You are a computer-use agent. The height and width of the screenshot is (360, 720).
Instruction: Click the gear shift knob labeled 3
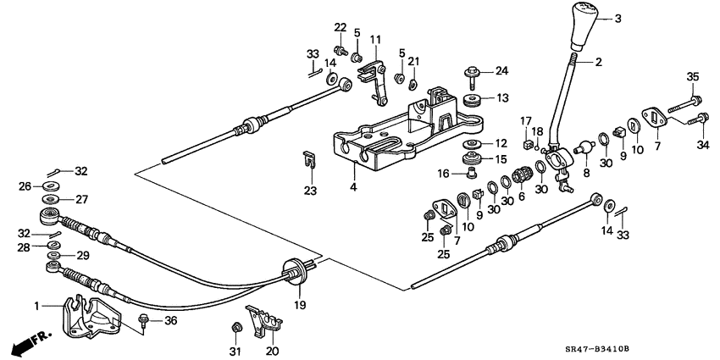[584, 27]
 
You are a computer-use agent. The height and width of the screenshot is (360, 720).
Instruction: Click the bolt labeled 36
[145, 320]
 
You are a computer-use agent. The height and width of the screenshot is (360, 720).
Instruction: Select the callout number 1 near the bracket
[36, 304]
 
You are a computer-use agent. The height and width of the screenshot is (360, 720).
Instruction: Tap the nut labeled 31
[236, 327]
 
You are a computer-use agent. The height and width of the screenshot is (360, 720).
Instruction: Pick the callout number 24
[501, 70]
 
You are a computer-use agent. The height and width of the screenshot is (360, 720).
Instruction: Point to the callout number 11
[374, 40]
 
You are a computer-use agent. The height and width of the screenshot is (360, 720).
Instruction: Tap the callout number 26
[25, 186]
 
